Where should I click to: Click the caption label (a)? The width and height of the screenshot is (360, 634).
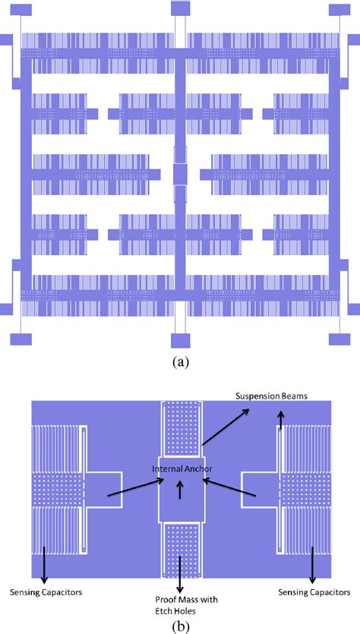click(x=180, y=362)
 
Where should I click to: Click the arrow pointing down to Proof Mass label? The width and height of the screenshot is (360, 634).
click(x=180, y=570)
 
